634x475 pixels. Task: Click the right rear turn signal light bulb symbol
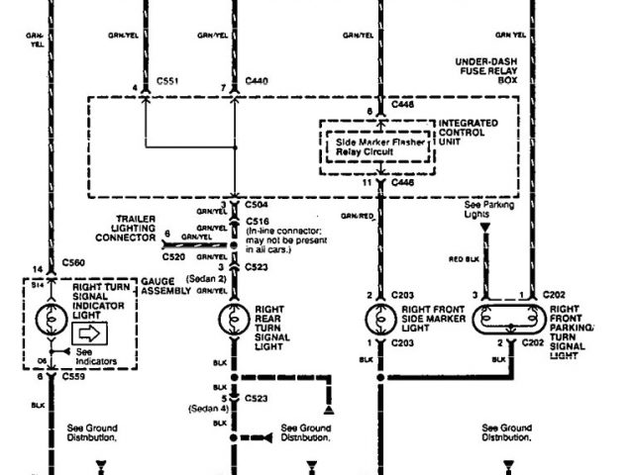[x=235, y=319]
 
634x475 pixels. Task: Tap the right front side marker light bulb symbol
[x=381, y=319]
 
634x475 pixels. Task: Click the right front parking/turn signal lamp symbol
[x=510, y=320]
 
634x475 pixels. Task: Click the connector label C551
[x=169, y=88]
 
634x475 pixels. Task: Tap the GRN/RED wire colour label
[x=357, y=215]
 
